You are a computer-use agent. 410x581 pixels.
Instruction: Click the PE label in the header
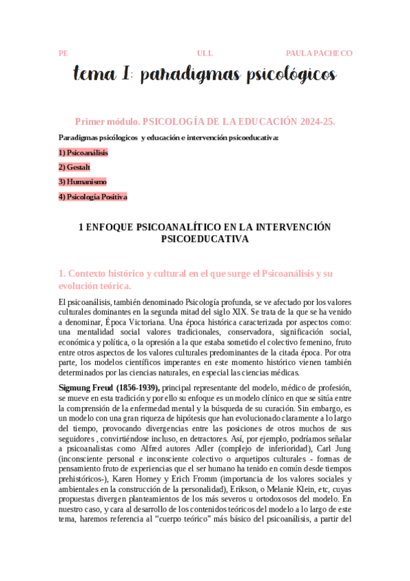63,53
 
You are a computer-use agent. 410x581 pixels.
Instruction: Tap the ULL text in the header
205,53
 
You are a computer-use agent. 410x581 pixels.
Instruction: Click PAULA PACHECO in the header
319,53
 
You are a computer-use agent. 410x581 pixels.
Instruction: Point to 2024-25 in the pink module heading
316,121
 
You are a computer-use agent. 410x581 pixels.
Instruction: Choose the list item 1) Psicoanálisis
84,152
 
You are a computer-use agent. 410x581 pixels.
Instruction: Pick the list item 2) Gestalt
75,167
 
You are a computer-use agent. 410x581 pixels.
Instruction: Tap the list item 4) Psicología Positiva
93,197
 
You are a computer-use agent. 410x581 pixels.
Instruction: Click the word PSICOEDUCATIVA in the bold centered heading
205,240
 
